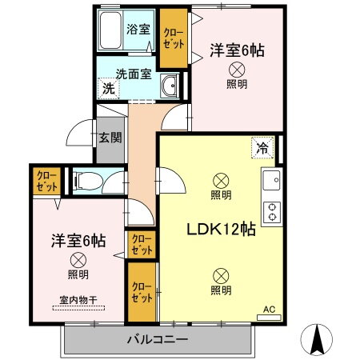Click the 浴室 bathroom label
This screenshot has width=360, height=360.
pyautogui.click(x=138, y=30)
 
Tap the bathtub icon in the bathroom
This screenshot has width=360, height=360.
pyautogui.click(x=110, y=31)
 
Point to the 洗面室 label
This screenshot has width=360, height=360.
pyautogui.click(x=133, y=74)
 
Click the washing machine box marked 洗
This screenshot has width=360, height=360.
pyautogui.click(x=107, y=88)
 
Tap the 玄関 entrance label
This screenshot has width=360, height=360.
pyautogui.click(x=110, y=137)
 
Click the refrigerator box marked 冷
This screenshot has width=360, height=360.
pyautogui.click(x=262, y=146)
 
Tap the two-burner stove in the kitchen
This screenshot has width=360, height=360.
pyautogui.click(x=273, y=210)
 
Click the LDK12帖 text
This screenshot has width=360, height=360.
pyautogui.click(x=221, y=229)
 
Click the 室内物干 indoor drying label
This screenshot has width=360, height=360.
pyautogui.click(x=78, y=300)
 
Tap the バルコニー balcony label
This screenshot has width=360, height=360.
pyautogui.click(x=157, y=339)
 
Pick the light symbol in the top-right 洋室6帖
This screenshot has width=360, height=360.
pyautogui.click(x=236, y=70)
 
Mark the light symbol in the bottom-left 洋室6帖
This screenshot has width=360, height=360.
pyautogui.click(x=78, y=259)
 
